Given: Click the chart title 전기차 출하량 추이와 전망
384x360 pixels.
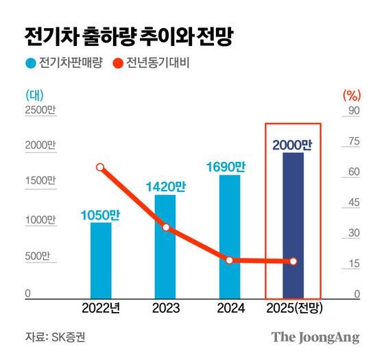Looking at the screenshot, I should [128, 36].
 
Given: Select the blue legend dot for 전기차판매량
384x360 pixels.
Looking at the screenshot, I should [29, 64].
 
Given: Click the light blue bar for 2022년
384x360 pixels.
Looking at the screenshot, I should [101, 261].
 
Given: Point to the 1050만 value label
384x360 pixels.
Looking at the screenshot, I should [100, 215].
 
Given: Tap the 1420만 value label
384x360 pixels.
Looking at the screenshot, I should [165, 187].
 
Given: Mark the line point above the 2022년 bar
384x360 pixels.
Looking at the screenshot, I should [100, 167].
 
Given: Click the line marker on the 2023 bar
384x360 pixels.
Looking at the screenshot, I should [165, 227].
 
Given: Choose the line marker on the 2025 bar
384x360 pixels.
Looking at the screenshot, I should [293, 261].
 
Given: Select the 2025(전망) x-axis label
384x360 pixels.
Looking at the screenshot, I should [293, 309].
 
